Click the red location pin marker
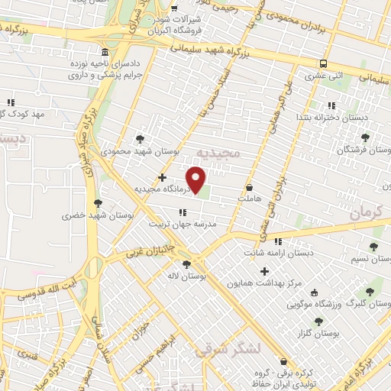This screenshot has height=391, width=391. coord(198,181)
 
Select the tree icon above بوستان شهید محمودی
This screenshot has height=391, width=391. coord(139,139)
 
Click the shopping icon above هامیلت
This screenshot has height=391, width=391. coord(250,186)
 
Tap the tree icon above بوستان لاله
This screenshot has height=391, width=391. coord(187,263)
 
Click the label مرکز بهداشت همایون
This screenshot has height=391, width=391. coord(265,283)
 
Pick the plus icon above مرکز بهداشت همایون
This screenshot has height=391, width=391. coord(265,271)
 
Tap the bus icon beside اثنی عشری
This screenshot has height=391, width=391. coord(324,63)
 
